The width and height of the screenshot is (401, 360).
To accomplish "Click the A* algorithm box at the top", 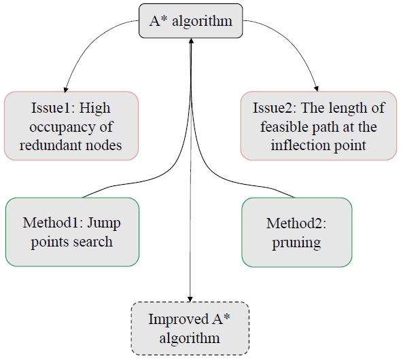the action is tap(190, 20).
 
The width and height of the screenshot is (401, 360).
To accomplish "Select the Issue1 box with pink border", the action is tap(71, 126).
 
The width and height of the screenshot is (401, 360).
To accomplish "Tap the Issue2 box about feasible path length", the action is tap(319, 126).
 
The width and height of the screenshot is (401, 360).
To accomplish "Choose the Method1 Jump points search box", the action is tap(72, 232).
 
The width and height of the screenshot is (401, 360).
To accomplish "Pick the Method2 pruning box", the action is tap(297, 232).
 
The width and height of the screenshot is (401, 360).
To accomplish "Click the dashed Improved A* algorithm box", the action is tap(190, 328).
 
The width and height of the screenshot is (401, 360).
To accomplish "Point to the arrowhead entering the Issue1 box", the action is tap(66, 90).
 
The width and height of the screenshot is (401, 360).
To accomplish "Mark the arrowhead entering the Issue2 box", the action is tap(317, 89).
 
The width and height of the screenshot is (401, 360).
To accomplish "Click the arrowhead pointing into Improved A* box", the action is tap(190, 299).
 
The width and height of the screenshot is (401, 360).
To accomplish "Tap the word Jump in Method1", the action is tap(104, 223).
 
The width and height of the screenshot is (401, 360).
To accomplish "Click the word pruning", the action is tap(296, 242).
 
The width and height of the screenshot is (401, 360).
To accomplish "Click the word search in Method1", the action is tap(93, 242).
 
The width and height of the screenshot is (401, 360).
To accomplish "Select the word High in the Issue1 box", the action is tap(94, 108).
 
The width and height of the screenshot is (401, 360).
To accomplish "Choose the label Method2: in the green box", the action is tap(296, 223).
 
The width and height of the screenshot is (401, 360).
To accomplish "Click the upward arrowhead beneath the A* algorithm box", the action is tap(191, 41).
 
